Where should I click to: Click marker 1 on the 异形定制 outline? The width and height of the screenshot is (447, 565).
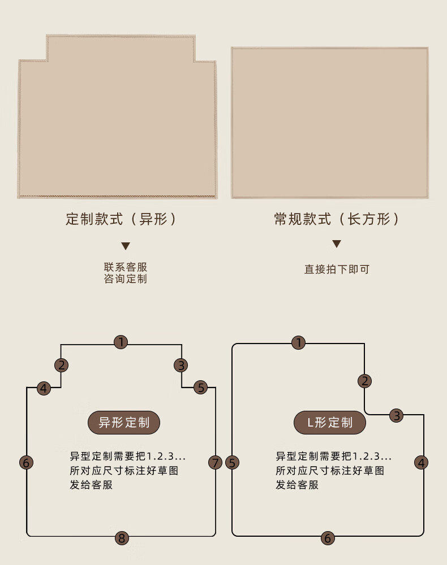point(121,342)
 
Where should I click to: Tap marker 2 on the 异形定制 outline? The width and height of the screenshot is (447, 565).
point(62,365)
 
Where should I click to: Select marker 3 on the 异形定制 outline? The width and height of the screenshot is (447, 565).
point(181,365)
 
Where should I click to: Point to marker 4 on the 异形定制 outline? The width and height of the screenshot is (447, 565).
point(44,388)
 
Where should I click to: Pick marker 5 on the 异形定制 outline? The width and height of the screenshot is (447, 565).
point(201,388)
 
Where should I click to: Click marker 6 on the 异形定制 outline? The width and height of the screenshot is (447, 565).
point(26,462)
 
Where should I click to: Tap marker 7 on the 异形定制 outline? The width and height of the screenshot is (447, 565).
point(215,463)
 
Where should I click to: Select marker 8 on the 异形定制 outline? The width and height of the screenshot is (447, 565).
point(121,538)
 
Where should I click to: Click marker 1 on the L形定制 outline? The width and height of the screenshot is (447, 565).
point(299,342)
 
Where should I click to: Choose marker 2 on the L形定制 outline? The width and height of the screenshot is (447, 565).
point(365,381)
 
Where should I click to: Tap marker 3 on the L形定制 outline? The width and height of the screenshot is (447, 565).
point(397,416)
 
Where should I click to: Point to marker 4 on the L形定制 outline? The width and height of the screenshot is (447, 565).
point(421,463)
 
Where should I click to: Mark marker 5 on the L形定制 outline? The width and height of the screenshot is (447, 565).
point(233,463)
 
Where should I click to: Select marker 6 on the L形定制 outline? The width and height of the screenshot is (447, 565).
point(328,538)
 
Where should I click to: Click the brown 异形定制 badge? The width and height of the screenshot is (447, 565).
point(124,422)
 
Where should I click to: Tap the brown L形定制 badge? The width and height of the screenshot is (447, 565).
point(330,422)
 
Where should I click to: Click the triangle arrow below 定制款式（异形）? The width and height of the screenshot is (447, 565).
point(126,246)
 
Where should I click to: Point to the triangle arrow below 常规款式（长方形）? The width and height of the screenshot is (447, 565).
point(337,244)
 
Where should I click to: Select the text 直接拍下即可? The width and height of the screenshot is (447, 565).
point(337,270)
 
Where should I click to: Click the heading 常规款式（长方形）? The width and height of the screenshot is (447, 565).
point(337,219)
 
